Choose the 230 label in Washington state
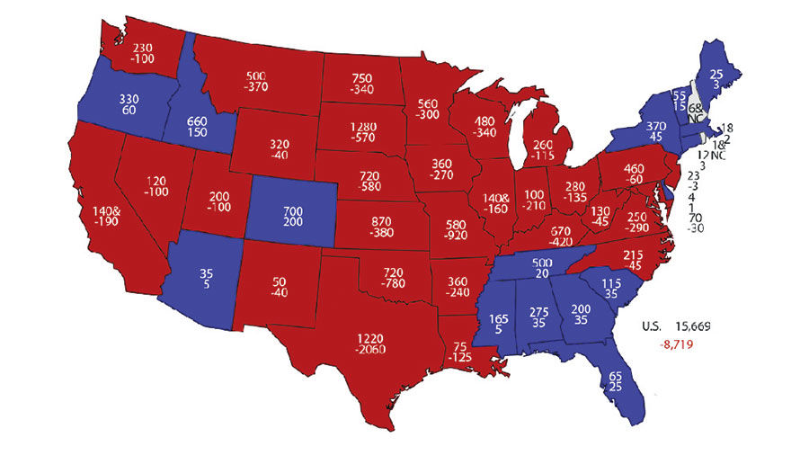(x=143, y=49)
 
